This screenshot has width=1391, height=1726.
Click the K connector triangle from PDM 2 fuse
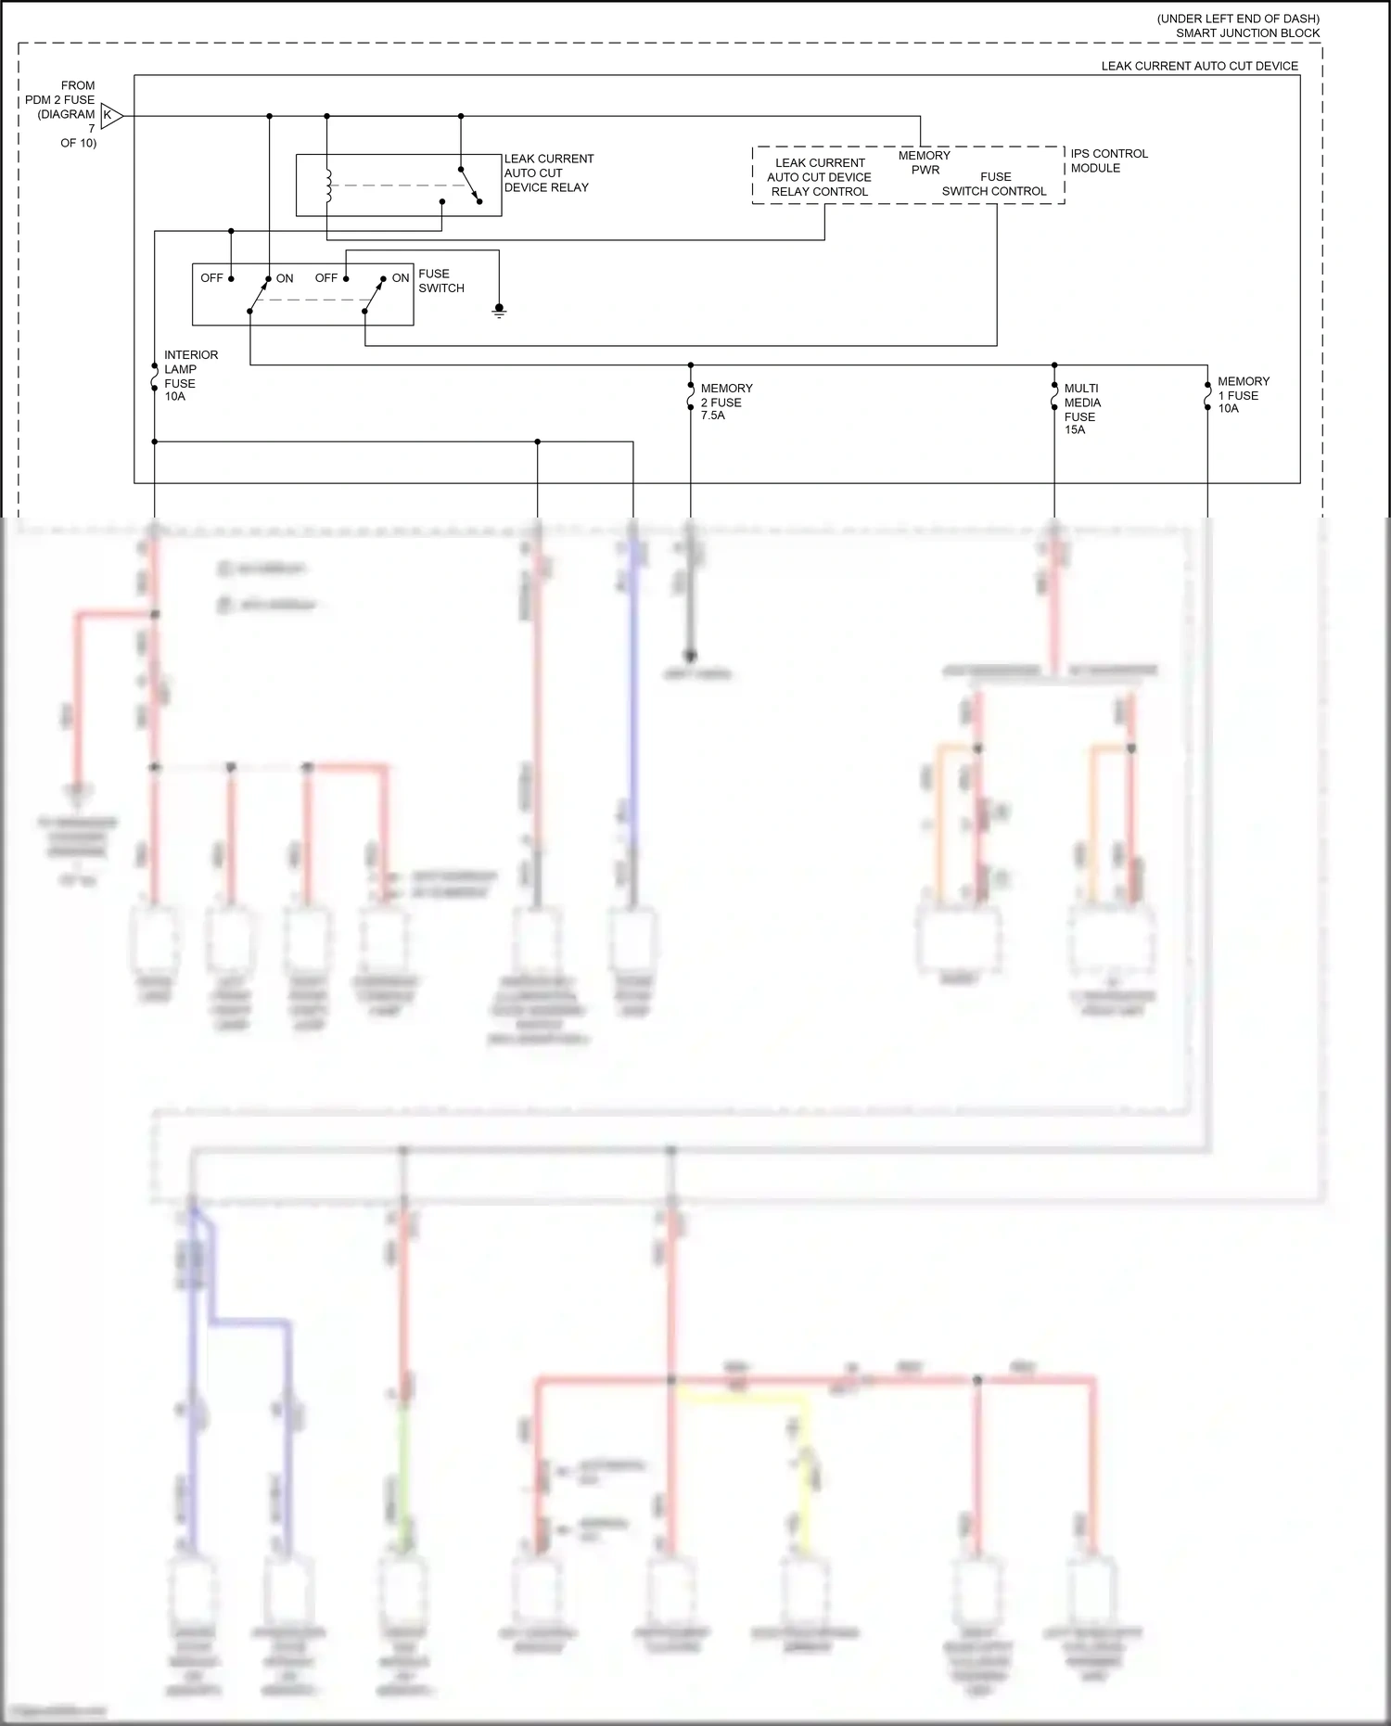(110, 116)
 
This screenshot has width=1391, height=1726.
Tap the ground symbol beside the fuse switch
(499, 311)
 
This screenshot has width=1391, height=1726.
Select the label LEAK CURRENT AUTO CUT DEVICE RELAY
(548, 173)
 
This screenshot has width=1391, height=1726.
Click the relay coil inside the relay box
(327, 185)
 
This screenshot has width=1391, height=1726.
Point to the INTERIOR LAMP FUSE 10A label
(190, 376)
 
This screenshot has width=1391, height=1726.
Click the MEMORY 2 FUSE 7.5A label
(726, 402)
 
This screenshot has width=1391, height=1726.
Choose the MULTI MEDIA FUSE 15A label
(1082, 409)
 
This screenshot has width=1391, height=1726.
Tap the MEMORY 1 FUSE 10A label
(1243, 395)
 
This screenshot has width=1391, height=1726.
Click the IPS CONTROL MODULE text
(1108, 160)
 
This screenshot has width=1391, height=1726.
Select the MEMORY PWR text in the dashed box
(925, 162)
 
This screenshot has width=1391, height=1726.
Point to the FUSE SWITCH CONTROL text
(994, 184)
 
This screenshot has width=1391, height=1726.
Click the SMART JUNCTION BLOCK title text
(1247, 33)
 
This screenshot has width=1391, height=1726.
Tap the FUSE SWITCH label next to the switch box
(440, 281)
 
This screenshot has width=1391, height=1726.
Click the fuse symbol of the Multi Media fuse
(1054, 396)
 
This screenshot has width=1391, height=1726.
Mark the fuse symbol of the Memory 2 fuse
(691, 396)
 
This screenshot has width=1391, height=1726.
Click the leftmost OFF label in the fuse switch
(211, 278)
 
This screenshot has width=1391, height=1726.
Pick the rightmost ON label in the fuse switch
(401, 278)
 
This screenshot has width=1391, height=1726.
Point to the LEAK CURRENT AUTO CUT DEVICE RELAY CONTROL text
(819, 177)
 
